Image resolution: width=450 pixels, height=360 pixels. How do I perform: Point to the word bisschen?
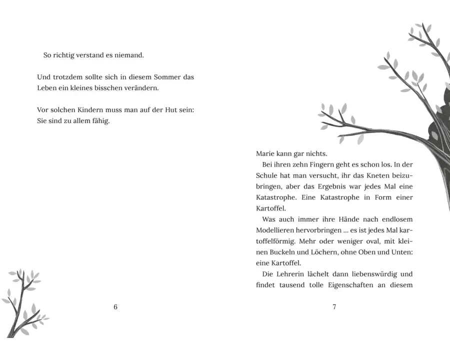pyautogui.click(x=120, y=88)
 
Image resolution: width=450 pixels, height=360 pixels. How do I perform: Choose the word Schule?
pyautogui.click(x=268, y=176)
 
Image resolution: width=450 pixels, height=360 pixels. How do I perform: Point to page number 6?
pyautogui.click(x=115, y=307)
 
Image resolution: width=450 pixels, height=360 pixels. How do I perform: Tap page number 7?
pyautogui.click(x=334, y=307)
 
